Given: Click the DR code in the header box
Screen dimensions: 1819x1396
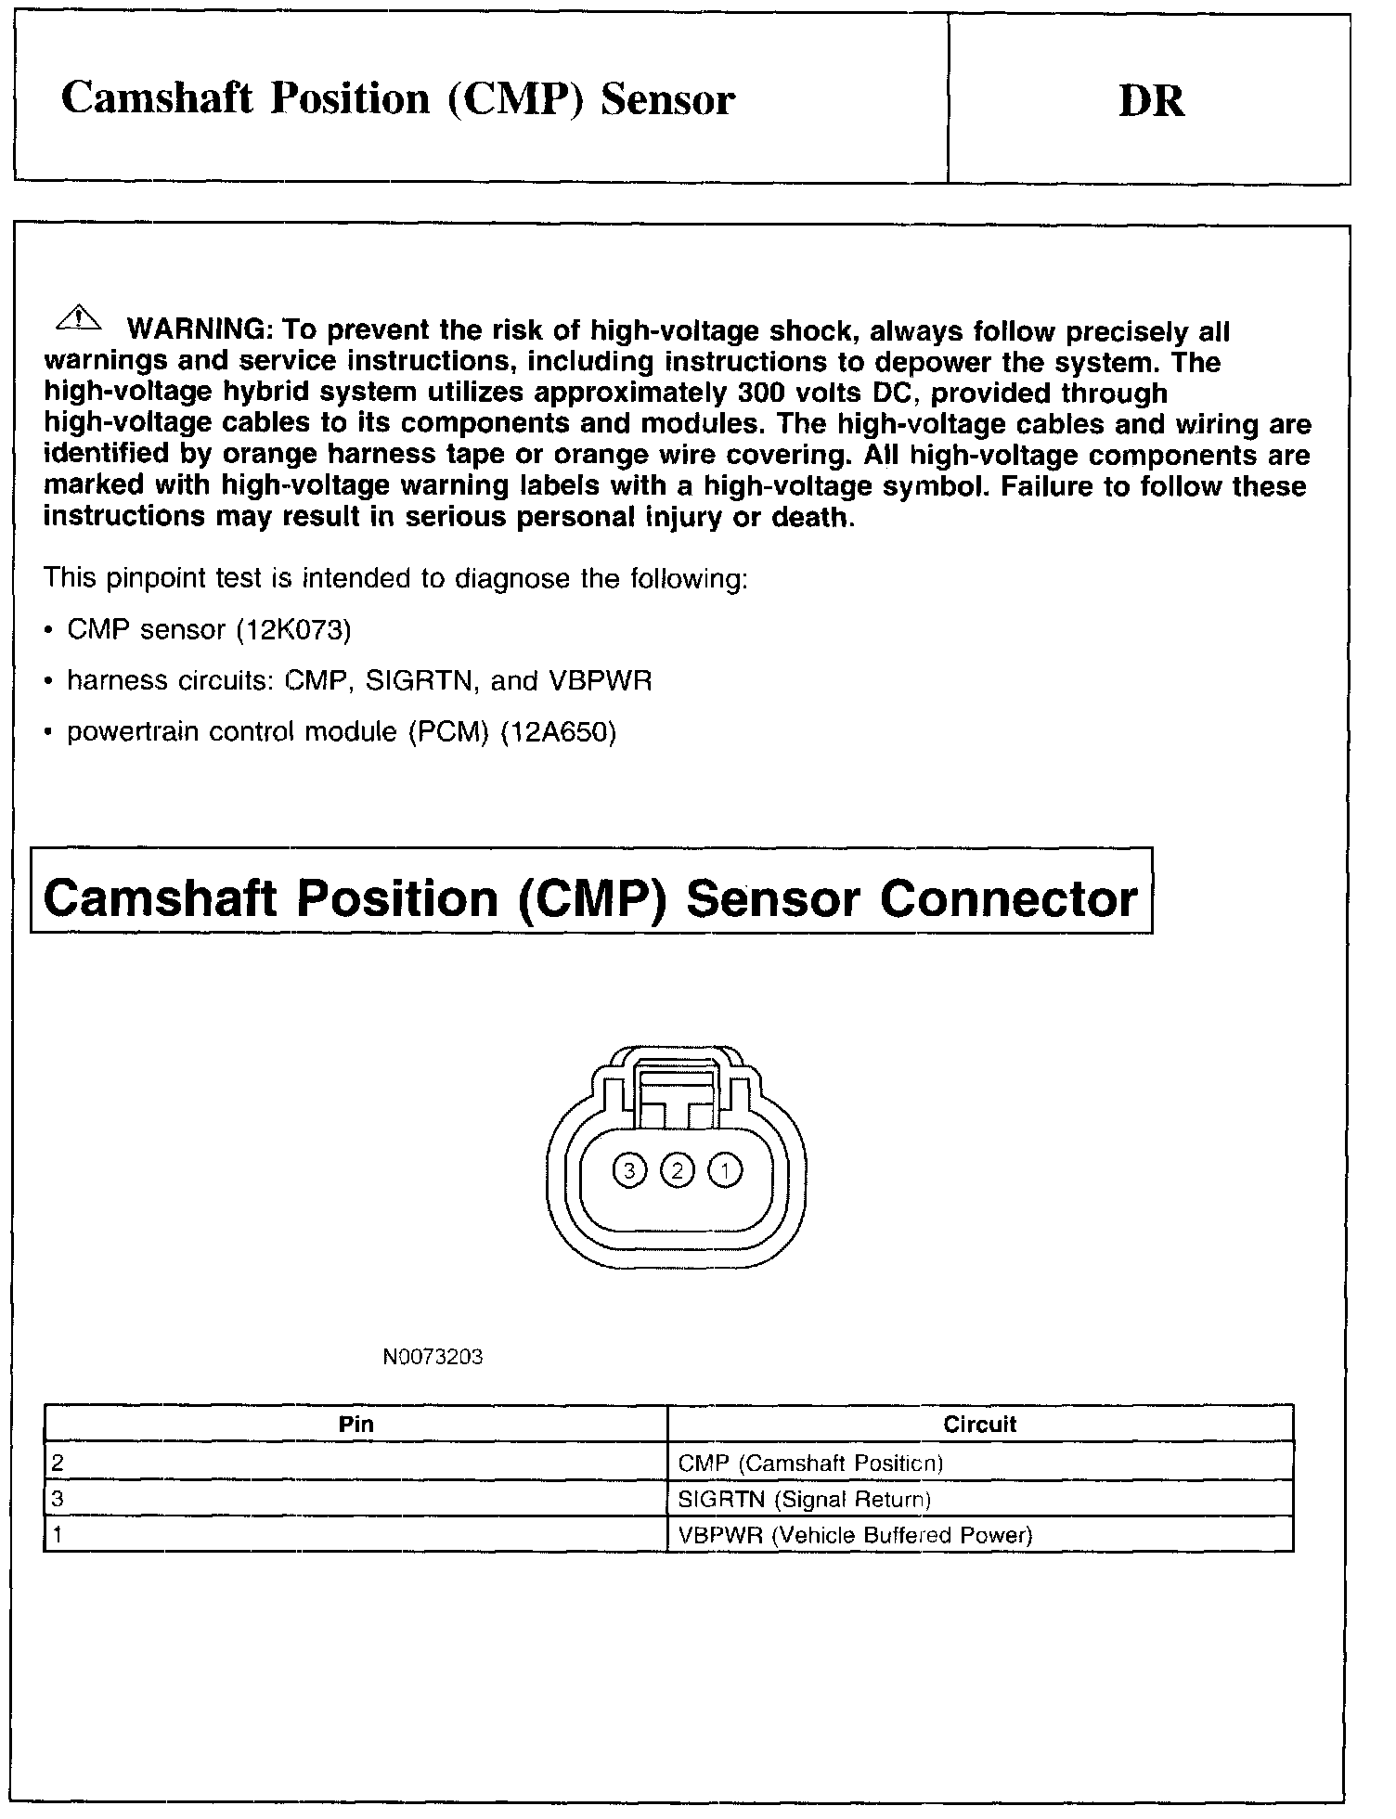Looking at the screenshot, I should pos(1151,101).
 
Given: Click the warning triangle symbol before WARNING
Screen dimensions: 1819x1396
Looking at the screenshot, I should pos(79,318).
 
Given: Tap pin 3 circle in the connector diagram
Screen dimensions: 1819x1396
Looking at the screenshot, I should pos(629,1171).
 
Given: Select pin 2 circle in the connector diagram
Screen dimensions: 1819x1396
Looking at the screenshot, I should pos(678,1171).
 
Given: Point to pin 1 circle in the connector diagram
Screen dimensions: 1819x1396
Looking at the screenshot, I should pos(725,1171).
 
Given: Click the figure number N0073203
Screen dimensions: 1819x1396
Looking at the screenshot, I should pos(433,1358).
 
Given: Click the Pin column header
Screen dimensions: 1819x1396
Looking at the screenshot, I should pos(355,1424).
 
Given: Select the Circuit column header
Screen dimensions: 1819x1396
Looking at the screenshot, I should pos(979,1424).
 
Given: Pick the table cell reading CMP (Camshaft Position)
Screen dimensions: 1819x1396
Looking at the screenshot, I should pos(809,1464).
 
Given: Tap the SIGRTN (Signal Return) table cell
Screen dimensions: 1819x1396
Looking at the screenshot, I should pos(804,1499).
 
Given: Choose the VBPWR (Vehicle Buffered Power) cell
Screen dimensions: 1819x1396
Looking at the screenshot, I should pos(855,1535).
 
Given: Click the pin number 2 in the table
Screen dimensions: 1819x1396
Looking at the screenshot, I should pos(58,1464).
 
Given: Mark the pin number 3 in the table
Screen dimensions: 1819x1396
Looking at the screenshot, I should pos(58,1499).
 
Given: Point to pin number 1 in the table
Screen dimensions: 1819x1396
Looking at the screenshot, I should pos(58,1535).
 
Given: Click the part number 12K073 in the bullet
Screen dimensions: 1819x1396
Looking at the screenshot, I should pos(293,630).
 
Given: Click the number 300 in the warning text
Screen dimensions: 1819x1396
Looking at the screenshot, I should pos(761,393).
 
